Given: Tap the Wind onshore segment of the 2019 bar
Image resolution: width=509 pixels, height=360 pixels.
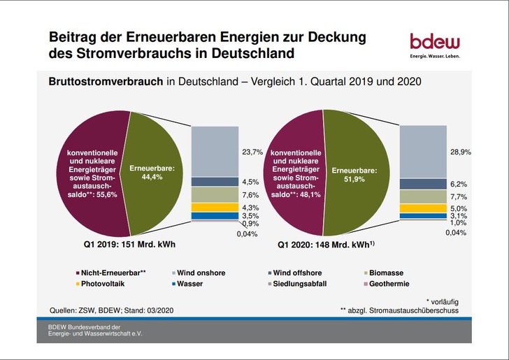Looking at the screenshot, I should click(x=215, y=150).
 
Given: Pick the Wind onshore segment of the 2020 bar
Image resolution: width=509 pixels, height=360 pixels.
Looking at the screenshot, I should click(x=422, y=150).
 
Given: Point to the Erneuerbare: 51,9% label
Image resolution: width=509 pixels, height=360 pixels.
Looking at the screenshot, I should click(x=356, y=173).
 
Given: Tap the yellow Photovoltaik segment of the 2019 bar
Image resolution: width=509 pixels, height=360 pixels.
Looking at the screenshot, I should click(x=215, y=206).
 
